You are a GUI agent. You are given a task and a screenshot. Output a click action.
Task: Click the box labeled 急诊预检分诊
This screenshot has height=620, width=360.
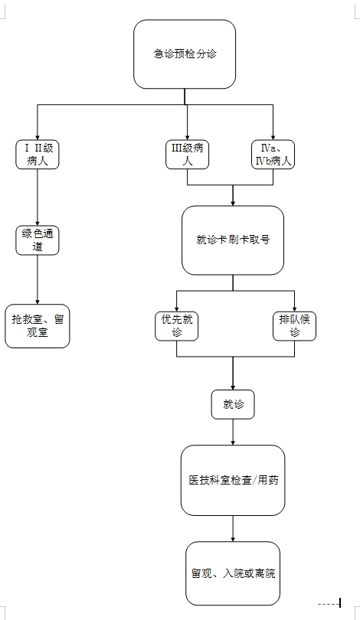tap(185, 54)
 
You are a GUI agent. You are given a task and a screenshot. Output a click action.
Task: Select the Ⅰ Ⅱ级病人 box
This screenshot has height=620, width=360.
tap(38, 155)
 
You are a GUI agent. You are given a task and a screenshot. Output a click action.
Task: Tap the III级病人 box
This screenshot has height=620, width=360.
tap(187, 155)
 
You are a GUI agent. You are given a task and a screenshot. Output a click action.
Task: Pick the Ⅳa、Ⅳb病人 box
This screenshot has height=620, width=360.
tap(273, 155)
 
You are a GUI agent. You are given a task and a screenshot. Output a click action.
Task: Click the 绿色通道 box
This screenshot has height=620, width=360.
tap(38, 240)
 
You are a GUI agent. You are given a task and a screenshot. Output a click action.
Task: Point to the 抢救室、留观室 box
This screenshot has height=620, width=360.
tap(38, 326)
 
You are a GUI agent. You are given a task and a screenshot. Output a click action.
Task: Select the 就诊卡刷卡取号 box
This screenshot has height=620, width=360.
tap(233, 240)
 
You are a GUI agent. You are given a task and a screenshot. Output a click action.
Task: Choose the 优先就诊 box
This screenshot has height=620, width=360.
tap(176, 326)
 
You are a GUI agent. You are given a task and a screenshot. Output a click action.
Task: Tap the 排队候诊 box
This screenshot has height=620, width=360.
tap(294, 326)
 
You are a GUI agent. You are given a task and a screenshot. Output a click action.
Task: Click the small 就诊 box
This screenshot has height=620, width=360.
tap(233, 404)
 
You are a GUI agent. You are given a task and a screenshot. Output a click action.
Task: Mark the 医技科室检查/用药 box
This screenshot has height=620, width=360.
tap(233, 481)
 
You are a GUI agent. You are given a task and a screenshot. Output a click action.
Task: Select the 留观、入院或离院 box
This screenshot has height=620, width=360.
tap(233, 573)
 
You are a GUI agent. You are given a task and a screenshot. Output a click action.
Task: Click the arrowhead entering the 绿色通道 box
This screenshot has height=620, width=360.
tap(38, 224)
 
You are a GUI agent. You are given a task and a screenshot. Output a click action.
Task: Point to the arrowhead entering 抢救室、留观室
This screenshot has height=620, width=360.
tap(38, 302)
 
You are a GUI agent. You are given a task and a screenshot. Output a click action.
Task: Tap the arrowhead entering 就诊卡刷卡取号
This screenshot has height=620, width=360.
tap(233, 204)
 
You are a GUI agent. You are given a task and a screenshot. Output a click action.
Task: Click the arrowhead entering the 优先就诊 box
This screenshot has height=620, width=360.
tap(176, 309)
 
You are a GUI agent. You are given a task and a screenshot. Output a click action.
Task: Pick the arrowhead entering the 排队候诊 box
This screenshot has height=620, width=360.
tap(294, 309)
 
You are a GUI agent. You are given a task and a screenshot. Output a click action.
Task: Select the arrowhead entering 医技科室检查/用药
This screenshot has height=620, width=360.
tap(233, 443)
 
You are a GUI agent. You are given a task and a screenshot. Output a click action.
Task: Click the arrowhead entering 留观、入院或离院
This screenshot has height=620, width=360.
tap(233, 540)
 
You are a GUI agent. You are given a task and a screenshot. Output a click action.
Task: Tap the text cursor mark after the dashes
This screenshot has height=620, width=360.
tap(340, 603)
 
